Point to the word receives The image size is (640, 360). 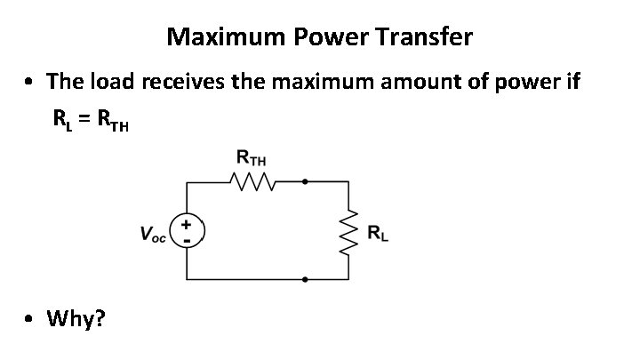pos(180,83)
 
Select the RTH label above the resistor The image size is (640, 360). pos(252,159)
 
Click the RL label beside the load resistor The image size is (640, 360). pos(379,234)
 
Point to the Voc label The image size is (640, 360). pos(152,235)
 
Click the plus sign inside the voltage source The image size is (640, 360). pos(187,226)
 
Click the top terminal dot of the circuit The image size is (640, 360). pos(305,181)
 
